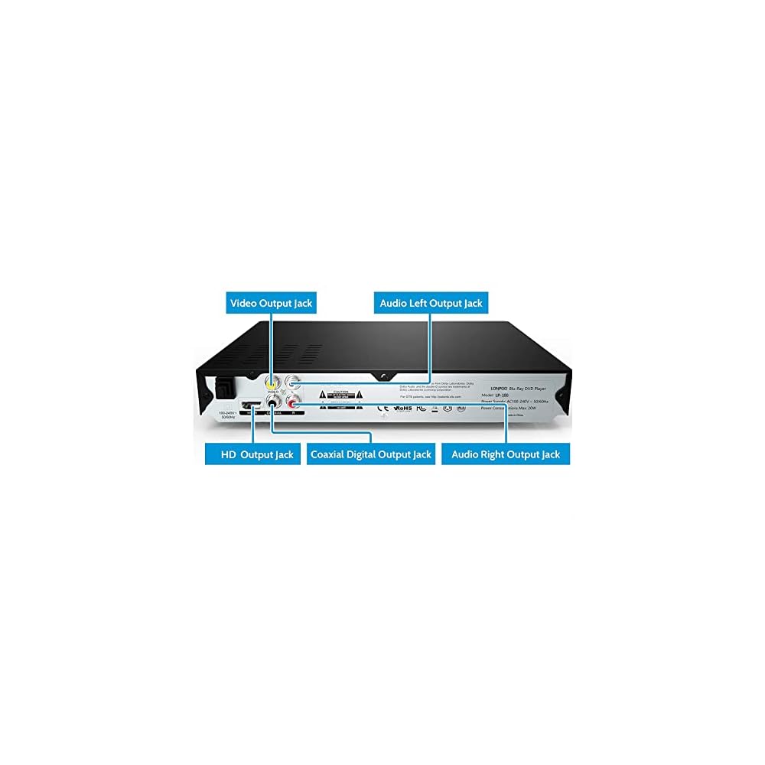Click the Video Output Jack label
coord(272,303)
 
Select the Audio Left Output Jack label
coord(431,303)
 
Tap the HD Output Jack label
coord(252,454)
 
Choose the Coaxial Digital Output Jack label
coord(371,454)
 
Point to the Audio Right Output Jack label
coord(506,454)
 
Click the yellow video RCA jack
coord(272,381)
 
